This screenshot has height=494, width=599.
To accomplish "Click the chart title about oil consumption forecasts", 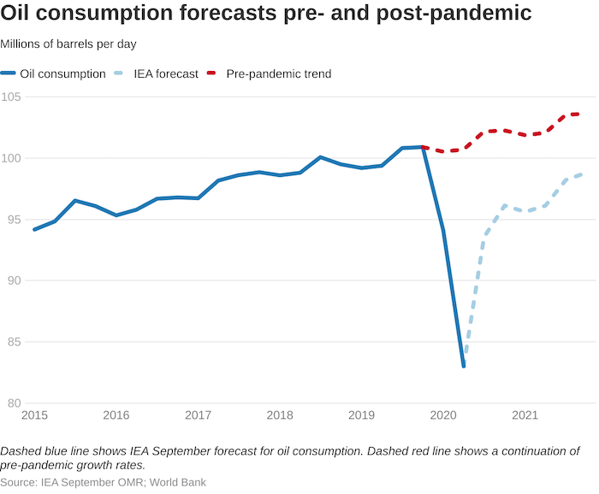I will (266, 15).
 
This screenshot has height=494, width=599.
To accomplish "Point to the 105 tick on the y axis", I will (12, 97).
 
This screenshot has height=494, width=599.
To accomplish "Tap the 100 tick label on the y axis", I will (12, 158).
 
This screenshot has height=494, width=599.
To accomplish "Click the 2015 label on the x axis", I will (34, 415).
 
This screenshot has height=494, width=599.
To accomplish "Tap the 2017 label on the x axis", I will (198, 415).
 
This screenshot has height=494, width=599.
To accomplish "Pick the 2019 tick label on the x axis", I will (361, 415).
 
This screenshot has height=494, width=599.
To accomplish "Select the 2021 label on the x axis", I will (525, 415).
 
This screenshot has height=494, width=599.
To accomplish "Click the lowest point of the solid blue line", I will (464, 366).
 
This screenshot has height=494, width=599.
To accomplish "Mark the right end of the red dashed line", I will (578, 114).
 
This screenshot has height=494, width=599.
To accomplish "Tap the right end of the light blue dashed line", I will (581, 174).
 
